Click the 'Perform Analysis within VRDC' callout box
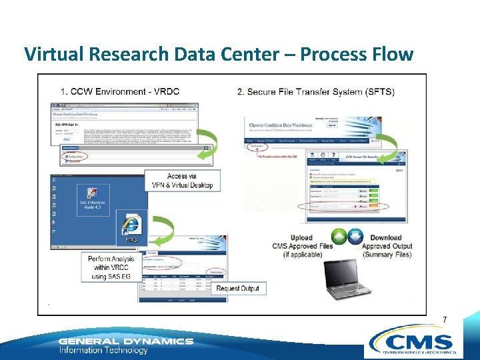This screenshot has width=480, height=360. (x=109, y=266)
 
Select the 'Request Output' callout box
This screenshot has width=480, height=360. (x=237, y=289)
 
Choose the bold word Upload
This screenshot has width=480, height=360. (x=301, y=237)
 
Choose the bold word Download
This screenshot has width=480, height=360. (x=386, y=237)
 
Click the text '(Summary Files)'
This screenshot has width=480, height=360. (x=387, y=255)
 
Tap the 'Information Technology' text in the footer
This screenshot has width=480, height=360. (x=103, y=350)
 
